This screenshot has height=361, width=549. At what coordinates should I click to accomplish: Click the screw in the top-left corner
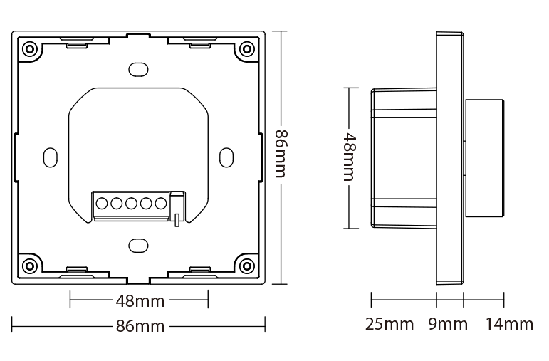point(30,49)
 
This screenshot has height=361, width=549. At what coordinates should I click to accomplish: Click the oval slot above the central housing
point(138,69)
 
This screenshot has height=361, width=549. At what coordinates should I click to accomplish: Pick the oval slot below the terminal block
point(138,246)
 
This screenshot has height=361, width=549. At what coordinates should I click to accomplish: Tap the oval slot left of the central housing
point(51,157)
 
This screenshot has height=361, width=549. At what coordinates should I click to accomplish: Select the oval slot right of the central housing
point(226,157)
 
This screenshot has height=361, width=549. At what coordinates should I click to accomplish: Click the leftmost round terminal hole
point(101,204)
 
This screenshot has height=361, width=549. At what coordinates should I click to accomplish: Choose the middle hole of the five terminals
point(131,204)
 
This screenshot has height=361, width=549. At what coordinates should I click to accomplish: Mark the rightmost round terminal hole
point(161,204)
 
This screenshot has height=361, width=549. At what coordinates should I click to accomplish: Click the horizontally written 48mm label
point(140,300)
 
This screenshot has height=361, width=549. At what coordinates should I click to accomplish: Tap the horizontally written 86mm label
point(140,327)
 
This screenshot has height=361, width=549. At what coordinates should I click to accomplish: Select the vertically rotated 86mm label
point(281,157)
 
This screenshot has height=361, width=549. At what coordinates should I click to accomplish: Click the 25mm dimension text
point(389,325)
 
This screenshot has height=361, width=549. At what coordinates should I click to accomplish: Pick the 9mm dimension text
point(448,325)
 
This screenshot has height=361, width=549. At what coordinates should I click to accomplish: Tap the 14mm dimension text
point(509,325)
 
